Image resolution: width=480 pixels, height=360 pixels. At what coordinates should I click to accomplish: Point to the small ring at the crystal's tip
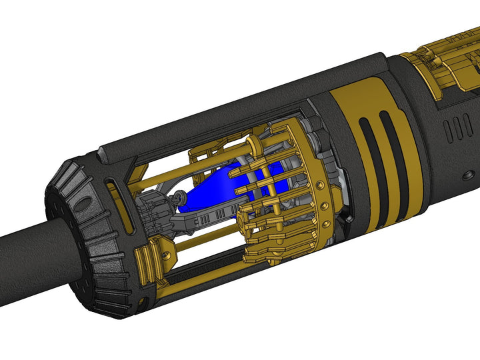point(179,198)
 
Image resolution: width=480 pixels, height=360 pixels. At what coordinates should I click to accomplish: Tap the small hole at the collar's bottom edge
point(142,303)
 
